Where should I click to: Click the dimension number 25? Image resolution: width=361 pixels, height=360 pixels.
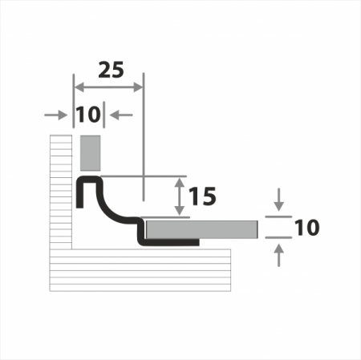click(111, 70)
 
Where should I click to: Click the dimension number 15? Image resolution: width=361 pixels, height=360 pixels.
click(202, 196)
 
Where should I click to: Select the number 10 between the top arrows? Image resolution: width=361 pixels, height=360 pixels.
click(88, 115)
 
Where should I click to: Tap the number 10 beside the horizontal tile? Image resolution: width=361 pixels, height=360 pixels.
click(306, 228)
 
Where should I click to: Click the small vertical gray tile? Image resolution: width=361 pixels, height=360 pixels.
click(91, 153)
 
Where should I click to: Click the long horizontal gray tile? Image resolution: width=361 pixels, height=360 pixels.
click(202, 229)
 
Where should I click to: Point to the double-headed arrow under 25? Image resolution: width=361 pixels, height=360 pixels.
click(108, 87)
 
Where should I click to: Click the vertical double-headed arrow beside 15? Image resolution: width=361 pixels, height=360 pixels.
click(180, 196)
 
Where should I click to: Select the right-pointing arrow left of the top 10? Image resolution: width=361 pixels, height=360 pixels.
click(55, 115)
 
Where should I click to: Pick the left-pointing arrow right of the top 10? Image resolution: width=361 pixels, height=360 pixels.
click(121, 115)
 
